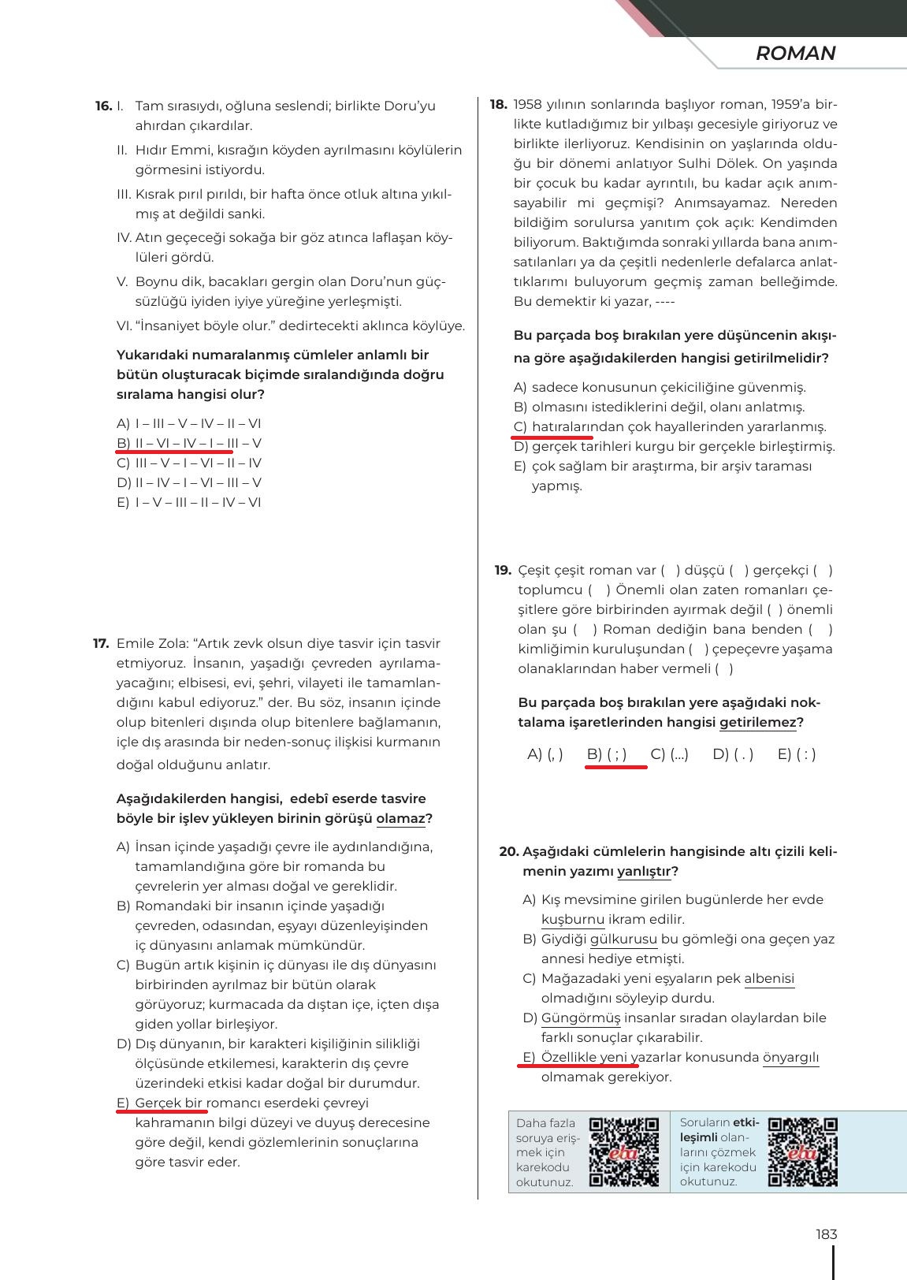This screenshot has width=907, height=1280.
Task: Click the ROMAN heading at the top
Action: click(795, 54)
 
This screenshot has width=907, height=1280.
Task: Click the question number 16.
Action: click(103, 106)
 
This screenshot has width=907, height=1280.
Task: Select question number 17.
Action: click(101, 643)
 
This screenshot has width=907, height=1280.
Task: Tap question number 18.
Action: click(498, 104)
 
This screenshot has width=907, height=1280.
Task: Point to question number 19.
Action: click(503, 570)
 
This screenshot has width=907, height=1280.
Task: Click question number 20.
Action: click(509, 851)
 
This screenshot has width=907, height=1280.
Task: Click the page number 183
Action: click(826, 1234)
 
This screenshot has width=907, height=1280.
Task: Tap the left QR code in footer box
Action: click(624, 1152)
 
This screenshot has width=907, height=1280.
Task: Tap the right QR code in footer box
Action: click(802, 1152)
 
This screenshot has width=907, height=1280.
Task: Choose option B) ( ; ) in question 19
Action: click(607, 754)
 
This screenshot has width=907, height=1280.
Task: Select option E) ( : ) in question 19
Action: click(796, 754)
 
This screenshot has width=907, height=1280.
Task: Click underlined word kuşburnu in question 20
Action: click(573, 919)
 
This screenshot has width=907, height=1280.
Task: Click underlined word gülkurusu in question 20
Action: click(623, 939)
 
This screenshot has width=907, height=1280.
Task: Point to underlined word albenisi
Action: click(769, 978)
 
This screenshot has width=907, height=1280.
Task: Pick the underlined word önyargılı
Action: click(791, 1057)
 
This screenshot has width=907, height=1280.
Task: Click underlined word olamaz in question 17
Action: click(400, 818)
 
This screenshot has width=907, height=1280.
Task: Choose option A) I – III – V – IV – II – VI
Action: click(189, 423)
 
